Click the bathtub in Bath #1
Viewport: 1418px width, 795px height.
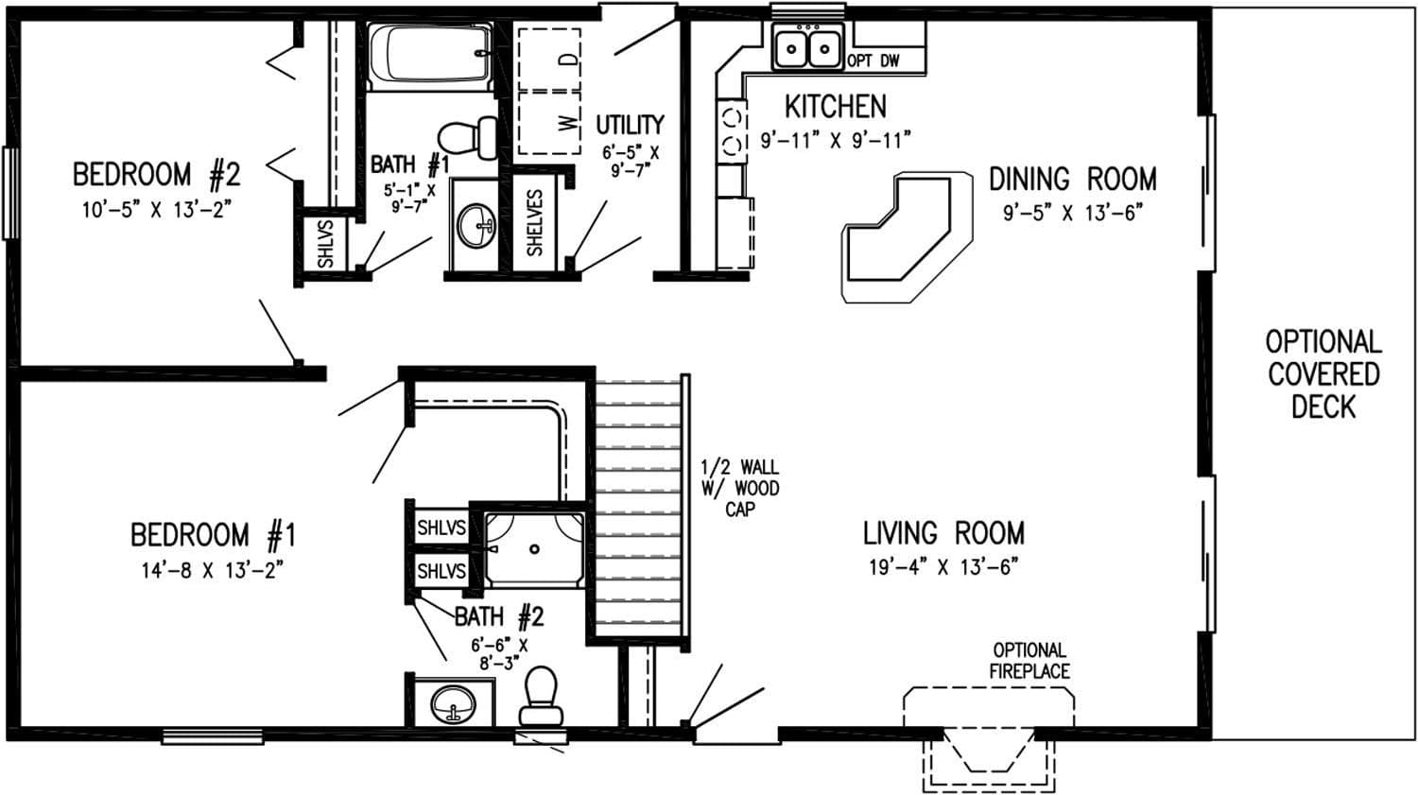point(429,57)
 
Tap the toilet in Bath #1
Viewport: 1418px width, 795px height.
point(469,138)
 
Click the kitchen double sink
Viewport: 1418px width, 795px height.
point(807,46)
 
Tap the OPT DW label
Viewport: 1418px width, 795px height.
point(873,61)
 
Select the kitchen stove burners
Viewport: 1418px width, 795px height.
point(733,131)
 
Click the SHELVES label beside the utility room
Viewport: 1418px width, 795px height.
point(535,223)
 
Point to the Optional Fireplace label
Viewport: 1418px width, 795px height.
point(1029,661)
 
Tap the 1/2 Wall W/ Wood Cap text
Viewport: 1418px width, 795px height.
point(739,488)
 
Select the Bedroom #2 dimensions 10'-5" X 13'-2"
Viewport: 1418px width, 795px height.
point(156,210)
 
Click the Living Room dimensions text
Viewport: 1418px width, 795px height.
point(942,567)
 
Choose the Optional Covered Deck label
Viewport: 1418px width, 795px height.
point(1323,373)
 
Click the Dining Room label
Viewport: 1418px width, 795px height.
point(1072,179)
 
